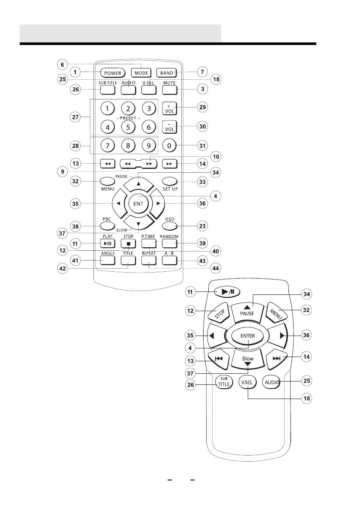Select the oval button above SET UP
pyautogui.click(x=170, y=180)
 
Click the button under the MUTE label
pyautogui.click(x=170, y=90)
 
